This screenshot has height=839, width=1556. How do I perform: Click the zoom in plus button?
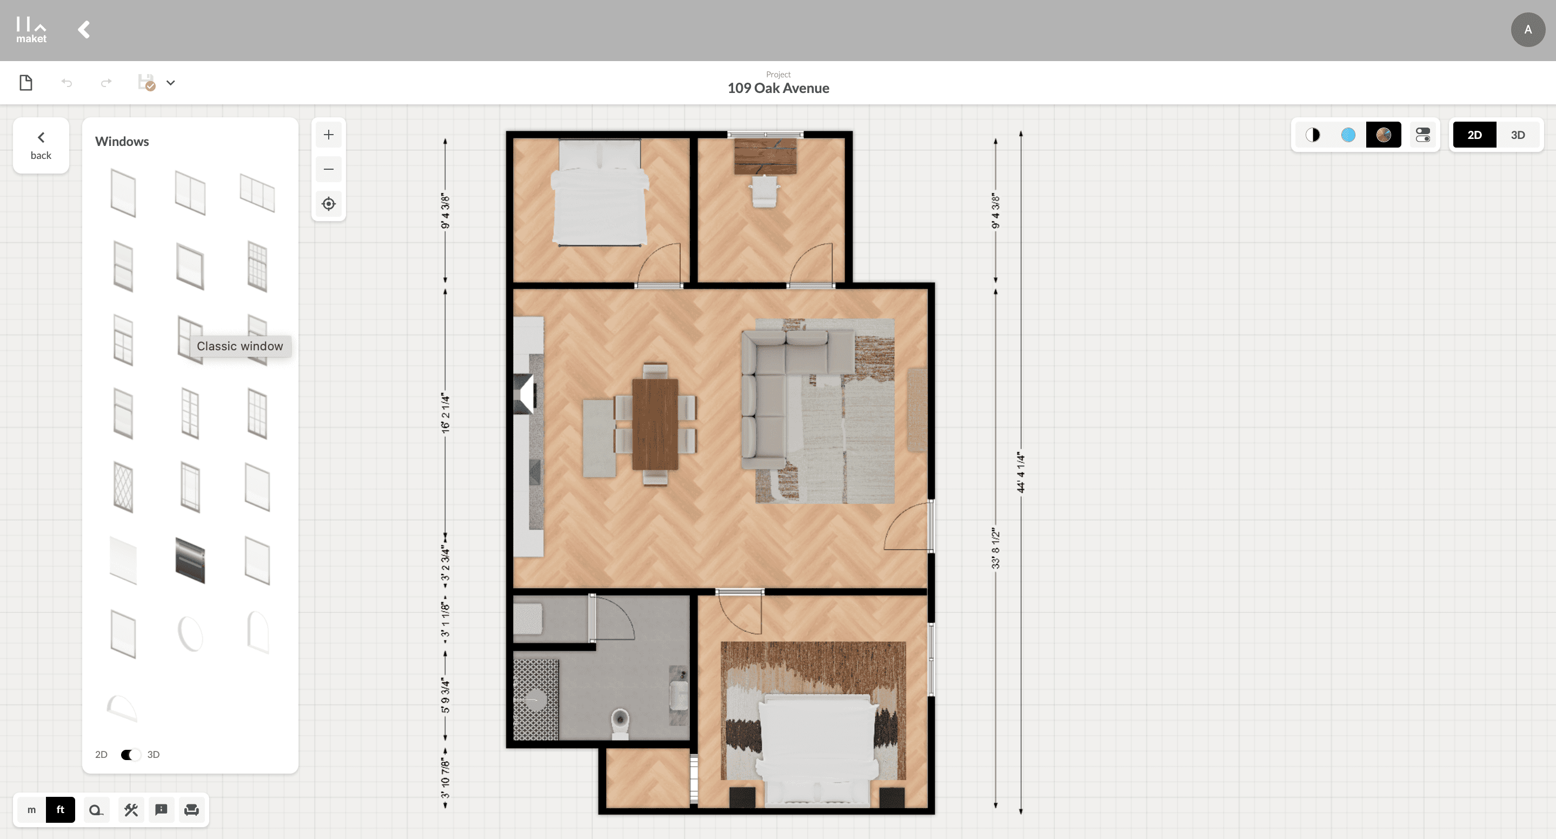click(329, 135)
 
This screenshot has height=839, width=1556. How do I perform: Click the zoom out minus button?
click(329, 169)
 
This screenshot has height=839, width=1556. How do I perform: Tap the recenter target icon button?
click(329, 204)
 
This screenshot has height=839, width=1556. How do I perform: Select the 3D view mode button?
click(1517, 135)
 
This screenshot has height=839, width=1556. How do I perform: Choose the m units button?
click(31, 809)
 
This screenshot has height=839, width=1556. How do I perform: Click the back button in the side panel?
click(41, 145)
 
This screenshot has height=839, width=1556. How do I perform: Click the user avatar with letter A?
click(1527, 30)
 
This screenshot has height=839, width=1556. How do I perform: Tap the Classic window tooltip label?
click(240, 346)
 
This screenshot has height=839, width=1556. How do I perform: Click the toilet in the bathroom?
click(620, 723)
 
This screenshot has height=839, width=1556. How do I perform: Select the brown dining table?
click(655, 424)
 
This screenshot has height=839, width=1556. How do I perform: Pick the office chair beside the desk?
click(764, 191)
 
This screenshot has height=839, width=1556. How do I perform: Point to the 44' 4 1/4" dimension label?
click(1021, 472)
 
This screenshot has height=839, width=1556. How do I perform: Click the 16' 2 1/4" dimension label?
click(445, 413)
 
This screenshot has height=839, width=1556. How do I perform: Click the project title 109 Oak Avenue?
click(778, 88)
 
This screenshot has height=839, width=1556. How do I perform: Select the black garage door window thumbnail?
click(190, 561)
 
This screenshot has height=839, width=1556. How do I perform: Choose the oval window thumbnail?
click(190, 634)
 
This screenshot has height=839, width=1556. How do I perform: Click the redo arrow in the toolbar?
click(107, 83)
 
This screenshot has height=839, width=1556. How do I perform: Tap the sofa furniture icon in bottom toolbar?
click(191, 809)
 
